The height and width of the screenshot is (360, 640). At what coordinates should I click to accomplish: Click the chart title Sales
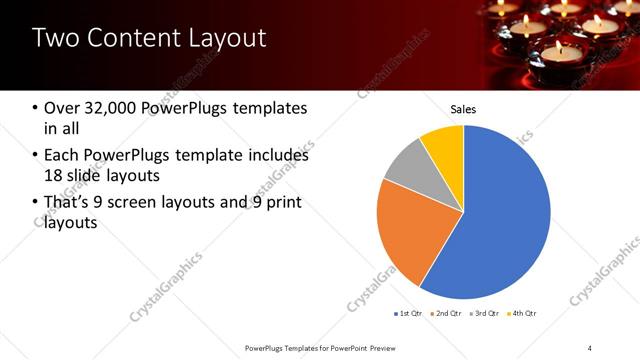click(463, 109)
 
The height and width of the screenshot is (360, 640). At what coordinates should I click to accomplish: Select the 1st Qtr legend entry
click(410, 313)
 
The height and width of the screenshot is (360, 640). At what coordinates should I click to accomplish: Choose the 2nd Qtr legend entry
click(446, 313)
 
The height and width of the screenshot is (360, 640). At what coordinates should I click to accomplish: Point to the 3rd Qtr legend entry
click(483, 313)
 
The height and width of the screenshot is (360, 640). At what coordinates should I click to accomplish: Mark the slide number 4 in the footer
click(590, 347)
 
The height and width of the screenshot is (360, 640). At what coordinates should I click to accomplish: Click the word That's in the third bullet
click(70, 203)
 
